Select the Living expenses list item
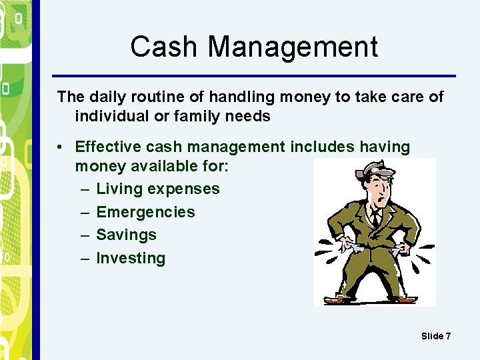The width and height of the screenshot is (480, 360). click(x=157, y=189)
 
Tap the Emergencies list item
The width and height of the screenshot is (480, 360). click(x=145, y=212)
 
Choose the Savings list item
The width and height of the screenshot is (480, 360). click(x=126, y=235)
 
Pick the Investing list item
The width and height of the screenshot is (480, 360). click(x=131, y=258)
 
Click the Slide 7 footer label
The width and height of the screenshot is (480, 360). click(x=436, y=336)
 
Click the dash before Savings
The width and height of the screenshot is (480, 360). click(x=85, y=235)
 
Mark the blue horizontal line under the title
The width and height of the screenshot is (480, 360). click(x=253, y=75)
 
